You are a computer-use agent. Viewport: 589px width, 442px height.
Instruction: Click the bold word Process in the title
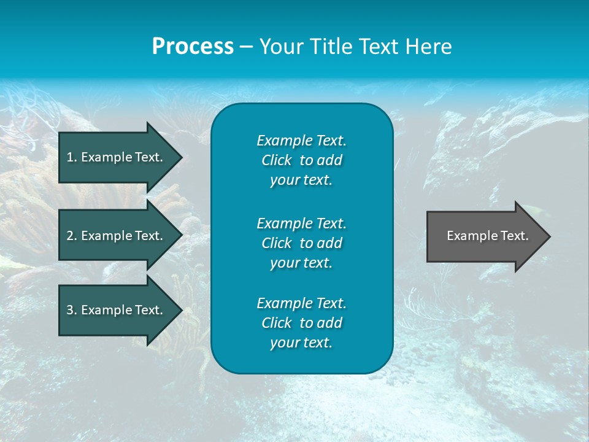tap(193, 47)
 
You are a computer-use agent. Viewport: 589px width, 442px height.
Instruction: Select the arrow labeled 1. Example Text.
tap(117, 157)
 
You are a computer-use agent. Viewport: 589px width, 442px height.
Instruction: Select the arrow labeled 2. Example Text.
tap(117, 236)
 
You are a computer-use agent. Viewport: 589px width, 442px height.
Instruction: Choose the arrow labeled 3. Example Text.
tap(117, 310)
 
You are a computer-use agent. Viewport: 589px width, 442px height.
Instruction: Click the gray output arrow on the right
tap(485, 236)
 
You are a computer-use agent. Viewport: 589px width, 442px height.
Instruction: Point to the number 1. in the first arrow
tap(71, 157)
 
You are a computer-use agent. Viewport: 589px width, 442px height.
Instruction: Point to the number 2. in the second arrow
tap(71, 236)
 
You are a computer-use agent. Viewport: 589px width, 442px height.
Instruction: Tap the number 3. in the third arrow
tap(71, 310)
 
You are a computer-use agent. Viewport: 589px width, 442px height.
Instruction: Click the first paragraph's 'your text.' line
tap(301, 180)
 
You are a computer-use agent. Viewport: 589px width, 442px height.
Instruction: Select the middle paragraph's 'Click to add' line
tap(301, 243)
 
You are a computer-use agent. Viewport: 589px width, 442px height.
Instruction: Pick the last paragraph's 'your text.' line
tap(301, 343)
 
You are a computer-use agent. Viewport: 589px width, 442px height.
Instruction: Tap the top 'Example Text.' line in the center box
tap(301, 141)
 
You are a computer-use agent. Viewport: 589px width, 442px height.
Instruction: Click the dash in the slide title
tap(247, 47)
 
